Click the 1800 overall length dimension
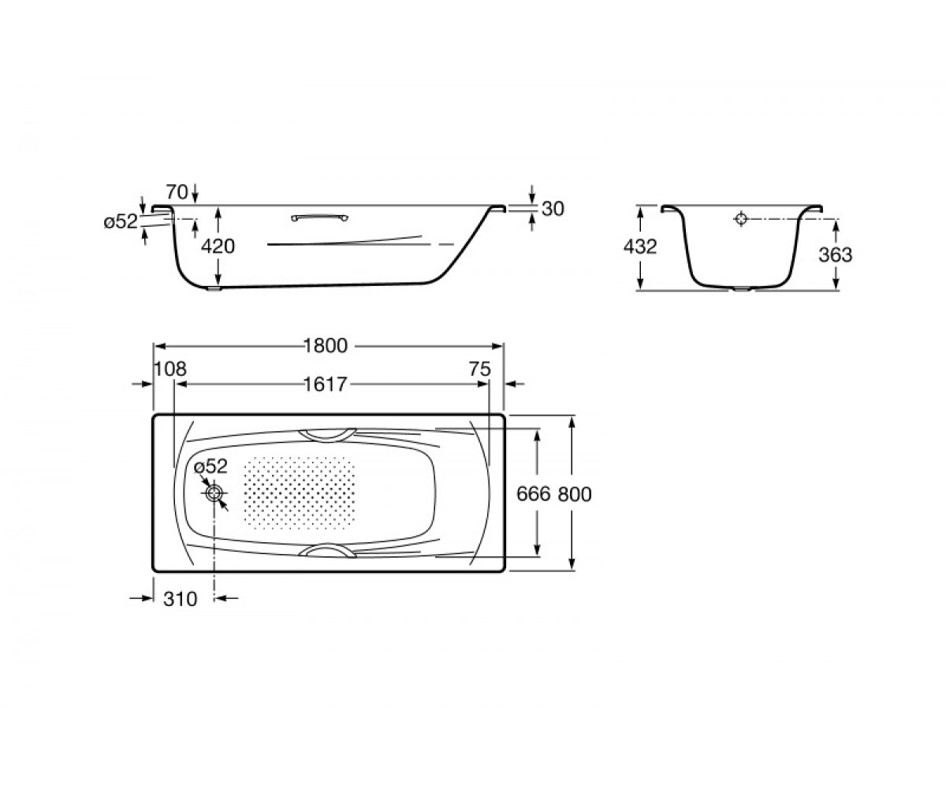326,346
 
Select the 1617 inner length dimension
326,385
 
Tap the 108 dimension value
170,369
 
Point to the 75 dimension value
480,369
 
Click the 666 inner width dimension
534,494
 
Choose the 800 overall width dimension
575,494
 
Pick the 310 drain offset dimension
181,599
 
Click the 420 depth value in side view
218,247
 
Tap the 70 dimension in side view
177,192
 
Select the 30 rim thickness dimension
553,209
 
